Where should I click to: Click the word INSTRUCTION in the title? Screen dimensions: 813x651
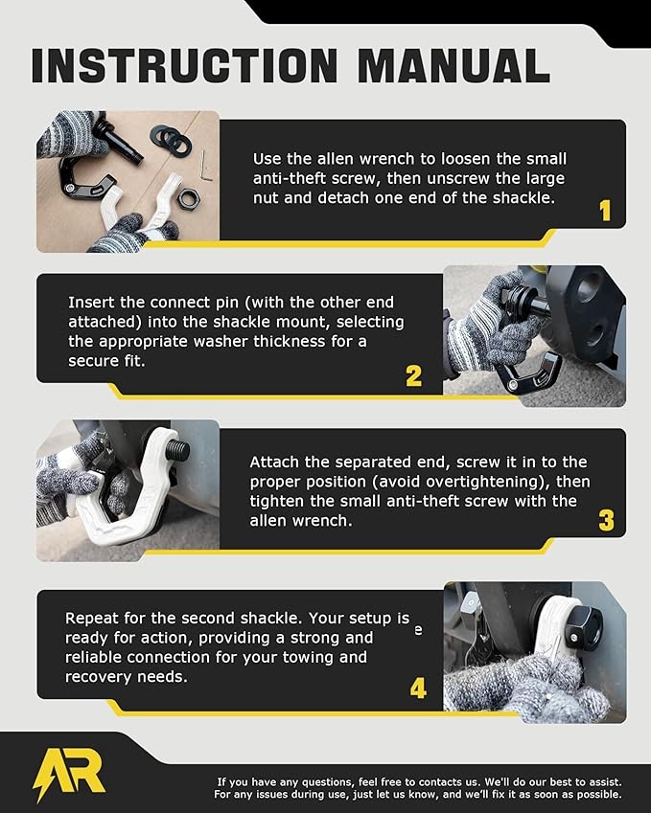(x=174, y=65)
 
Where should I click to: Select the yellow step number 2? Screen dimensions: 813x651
(x=413, y=376)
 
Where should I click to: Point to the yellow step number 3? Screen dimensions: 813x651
(x=606, y=521)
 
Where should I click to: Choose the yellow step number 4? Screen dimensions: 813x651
(x=418, y=689)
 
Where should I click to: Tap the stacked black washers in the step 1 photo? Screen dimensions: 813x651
(x=170, y=139)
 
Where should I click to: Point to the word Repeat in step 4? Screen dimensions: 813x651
(x=89, y=619)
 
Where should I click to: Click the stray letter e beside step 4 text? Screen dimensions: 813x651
(x=417, y=632)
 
